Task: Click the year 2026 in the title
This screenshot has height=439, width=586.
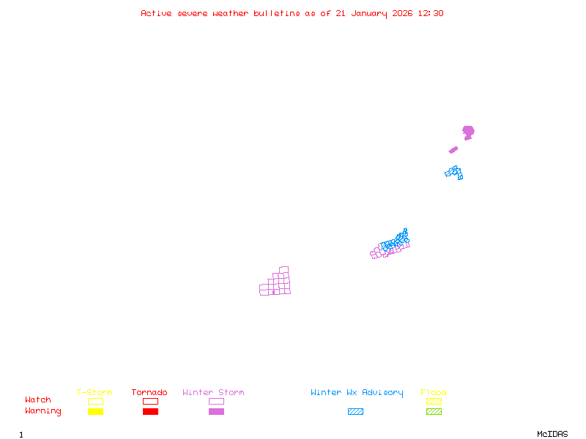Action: pos(401,13)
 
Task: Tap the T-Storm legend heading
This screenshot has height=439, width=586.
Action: pos(94,393)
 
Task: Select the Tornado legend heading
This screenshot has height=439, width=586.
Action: pos(149,393)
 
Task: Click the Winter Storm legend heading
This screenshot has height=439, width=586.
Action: pos(213,393)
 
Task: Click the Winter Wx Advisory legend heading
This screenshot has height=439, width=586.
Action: pos(357,393)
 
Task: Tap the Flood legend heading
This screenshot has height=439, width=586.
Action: pos(434,393)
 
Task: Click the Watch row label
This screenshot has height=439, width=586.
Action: pos(38,400)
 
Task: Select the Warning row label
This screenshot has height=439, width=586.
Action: pos(43,411)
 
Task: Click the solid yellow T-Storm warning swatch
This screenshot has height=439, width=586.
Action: pos(95,412)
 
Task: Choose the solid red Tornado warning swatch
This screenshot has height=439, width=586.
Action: pos(150,412)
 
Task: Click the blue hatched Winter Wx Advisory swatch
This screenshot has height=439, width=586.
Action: pos(355,412)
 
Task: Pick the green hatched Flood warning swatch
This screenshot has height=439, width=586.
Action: pos(434,412)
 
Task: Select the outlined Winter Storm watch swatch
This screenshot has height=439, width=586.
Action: pos(216,401)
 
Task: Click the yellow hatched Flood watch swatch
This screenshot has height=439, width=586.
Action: pos(434,401)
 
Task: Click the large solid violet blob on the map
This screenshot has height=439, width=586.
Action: pos(468,132)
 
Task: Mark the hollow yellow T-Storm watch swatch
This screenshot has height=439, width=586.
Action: pos(95,401)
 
